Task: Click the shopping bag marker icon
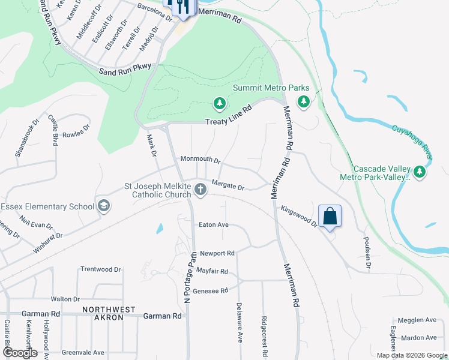pyautogui.click(x=330, y=215)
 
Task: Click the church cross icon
pyautogui.click(x=200, y=190)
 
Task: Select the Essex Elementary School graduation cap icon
pyautogui.click(x=104, y=206)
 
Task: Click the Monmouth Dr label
pyautogui.click(x=200, y=161)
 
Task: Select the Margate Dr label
pyautogui.click(x=228, y=186)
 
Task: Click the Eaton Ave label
pyautogui.click(x=214, y=224)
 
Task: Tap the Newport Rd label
pyautogui.click(x=217, y=253)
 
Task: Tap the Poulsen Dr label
pyautogui.click(x=367, y=253)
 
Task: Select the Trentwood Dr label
pyautogui.click(x=101, y=269)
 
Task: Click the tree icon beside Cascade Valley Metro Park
pyautogui.click(x=420, y=173)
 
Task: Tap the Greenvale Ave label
pyautogui.click(x=83, y=352)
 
